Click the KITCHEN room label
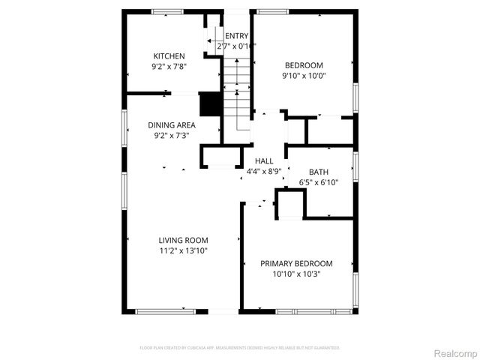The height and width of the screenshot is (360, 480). (x=169, y=55)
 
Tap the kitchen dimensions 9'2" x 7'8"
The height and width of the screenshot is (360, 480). (x=169, y=66)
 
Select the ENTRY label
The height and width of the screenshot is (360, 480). (x=236, y=36)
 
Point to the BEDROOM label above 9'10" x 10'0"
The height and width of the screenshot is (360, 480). (x=304, y=64)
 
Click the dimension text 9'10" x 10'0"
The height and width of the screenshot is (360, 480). (x=304, y=75)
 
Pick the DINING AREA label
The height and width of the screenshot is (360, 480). (x=172, y=124)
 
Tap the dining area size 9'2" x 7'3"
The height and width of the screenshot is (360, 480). (x=172, y=135)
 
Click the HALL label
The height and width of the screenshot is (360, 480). (x=264, y=160)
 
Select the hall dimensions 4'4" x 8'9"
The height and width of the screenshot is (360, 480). (x=264, y=171)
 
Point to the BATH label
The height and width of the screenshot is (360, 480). (x=318, y=172)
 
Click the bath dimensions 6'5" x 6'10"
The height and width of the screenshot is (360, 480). (x=318, y=182)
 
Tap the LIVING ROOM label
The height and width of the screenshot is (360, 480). (x=182, y=240)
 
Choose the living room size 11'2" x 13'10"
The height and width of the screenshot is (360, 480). (x=182, y=250)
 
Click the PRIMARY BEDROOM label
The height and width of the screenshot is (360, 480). (x=296, y=263)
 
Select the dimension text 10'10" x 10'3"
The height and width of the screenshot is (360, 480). (x=296, y=274)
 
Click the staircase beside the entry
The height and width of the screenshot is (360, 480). (x=236, y=94)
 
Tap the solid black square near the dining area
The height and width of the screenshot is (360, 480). (x=209, y=103)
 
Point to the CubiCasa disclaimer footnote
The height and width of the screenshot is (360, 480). (x=240, y=348)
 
